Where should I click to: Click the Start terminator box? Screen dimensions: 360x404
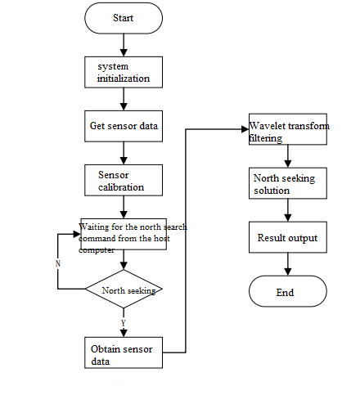[x=124, y=18]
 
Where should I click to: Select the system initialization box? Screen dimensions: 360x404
[x=124, y=72]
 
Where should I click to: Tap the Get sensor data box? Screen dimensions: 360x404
[x=124, y=126]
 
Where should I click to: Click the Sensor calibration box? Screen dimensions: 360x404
[x=124, y=180]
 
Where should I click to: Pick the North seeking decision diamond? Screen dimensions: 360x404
[x=124, y=289]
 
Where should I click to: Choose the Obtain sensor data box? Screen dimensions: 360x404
[x=124, y=352]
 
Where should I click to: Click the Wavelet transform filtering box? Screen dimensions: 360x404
[x=288, y=129]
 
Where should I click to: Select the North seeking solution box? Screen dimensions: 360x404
[x=288, y=183]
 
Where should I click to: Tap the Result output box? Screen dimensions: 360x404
[x=288, y=237]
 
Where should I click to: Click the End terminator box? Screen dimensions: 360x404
[x=288, y=291]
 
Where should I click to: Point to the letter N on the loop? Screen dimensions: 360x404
[x=58, y=263]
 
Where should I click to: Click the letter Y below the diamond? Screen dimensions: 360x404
[x=124, y=323]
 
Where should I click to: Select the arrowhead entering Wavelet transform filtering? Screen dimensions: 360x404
[x=245, y=129]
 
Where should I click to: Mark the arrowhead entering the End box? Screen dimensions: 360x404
[x=288, y=272]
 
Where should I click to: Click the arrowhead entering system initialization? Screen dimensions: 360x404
[x=124, y=53]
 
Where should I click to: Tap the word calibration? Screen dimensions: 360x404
[x=121, y=187]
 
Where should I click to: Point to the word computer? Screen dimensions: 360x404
[x=97, y=250]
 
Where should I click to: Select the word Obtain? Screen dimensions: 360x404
[x=106, y=349]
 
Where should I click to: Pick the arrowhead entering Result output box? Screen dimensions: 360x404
[x=288, y=218]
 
